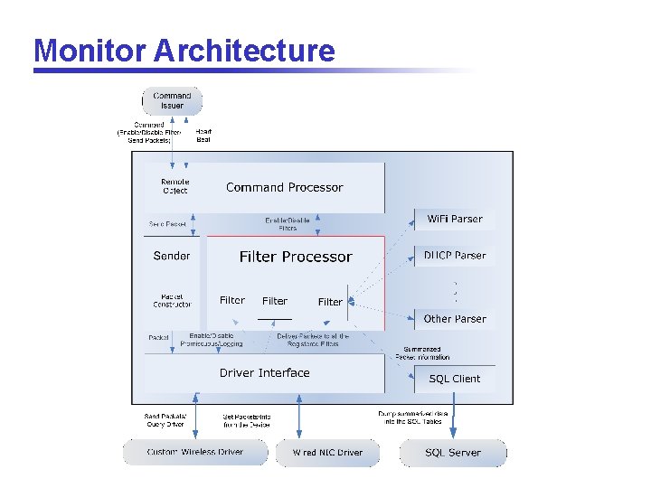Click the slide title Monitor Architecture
(184, 50)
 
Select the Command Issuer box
(172, 100)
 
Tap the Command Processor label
(284, 187)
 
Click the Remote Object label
(175, 186)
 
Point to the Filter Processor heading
(295, 257)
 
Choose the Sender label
(172, 256)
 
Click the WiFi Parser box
(455, 219)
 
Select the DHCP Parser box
(455, 256)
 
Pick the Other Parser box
(455, 319)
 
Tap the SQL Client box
(455, 379)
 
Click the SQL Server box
(453, 453)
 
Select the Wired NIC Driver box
(327, 453)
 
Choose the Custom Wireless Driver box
(196, 452)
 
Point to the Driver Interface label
(264, 372)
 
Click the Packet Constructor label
(172, 300)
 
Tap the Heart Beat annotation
(203, 136)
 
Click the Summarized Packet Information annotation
(422, 352)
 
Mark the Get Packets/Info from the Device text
(247, 420)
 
